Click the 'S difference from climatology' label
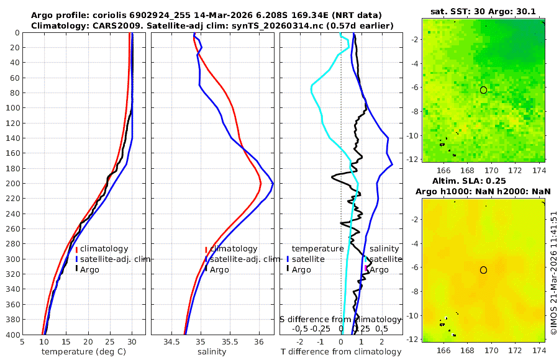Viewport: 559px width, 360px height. [340, 319]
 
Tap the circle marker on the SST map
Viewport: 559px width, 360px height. [483, 90]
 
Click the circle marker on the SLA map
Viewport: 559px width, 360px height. [483, 270]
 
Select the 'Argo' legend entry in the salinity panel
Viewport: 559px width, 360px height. [219, 269]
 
